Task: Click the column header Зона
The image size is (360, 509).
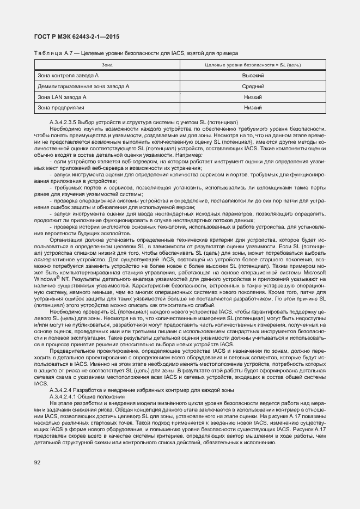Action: point(100,65)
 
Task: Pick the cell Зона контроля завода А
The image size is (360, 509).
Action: point(67,76)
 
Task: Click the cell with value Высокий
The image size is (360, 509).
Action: point(253,76)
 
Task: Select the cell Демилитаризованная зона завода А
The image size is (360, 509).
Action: point(83,86)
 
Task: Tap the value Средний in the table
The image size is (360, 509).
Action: point(253,86)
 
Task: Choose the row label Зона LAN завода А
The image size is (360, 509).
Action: point(62,97)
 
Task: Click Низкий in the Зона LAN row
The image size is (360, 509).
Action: point(253,97)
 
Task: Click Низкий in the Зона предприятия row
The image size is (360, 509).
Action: point(253,108)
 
